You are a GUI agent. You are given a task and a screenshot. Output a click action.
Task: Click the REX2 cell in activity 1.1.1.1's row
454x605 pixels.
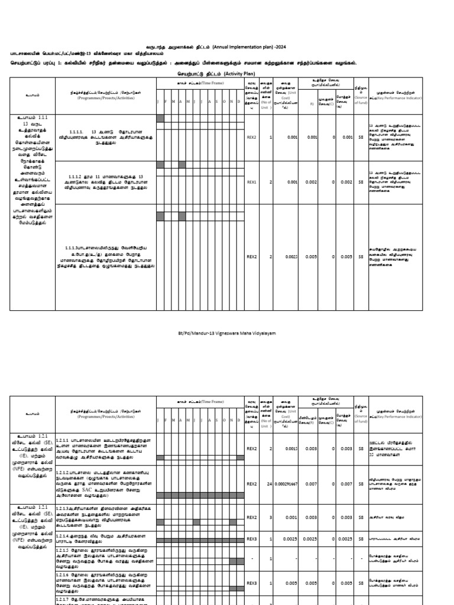click(x=251, y=137)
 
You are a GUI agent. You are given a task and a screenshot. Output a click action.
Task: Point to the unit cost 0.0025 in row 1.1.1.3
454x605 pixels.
click(x=284, y=257)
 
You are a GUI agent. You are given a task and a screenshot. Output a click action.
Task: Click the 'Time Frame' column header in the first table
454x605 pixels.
click(x=200, y=84)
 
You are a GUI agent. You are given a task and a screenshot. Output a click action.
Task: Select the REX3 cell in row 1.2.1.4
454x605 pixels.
click(x=251, y=538)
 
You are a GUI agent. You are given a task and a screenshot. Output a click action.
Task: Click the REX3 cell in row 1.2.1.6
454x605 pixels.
click(x=251, y=581)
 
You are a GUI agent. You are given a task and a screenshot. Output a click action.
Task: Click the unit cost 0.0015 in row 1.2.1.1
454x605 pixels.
click(x=284, y=449)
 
